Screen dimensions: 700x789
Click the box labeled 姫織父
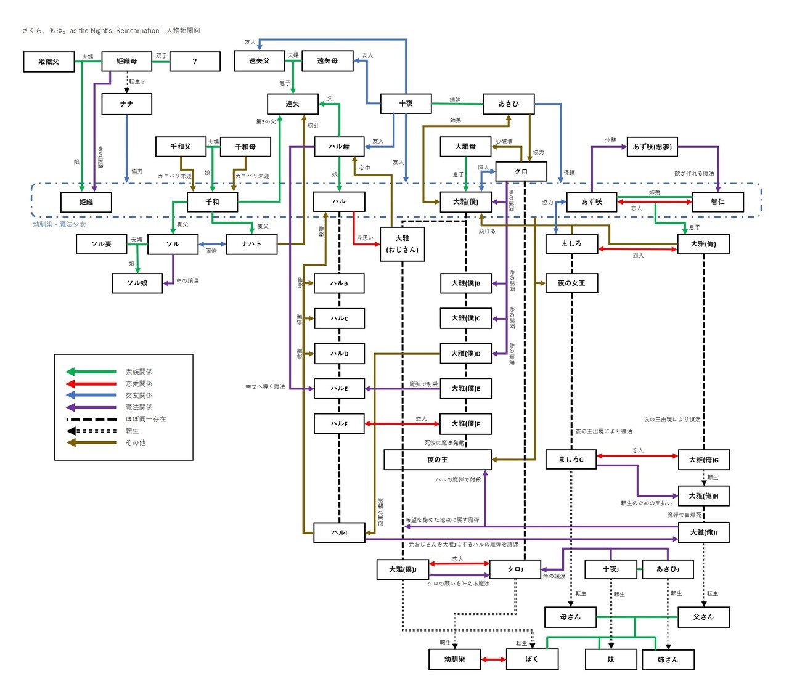[49, 62]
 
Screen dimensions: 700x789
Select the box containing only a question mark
[195, 62]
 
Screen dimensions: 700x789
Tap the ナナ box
[126, 104]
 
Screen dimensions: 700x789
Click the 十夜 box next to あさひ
[406, 104]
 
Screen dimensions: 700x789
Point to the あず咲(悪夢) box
[652, 147]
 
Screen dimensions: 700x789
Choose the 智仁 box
[717, 202]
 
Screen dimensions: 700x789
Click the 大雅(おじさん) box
[402, 244]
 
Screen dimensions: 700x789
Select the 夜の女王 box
[571, 283]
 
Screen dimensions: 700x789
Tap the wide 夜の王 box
[438, 460]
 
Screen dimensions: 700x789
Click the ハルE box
[339, 389]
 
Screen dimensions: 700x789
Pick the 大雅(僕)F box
[465, 424]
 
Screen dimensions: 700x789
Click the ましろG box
[571, 460]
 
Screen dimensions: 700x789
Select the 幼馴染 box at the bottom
[454, 659]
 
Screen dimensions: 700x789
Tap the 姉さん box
[668, 659]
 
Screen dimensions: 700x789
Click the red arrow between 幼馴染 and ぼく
[494, 660]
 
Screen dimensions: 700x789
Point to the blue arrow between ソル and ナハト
[212, 245]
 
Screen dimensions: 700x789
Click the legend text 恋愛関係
[139, 384]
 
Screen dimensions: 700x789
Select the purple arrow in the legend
[91, 407]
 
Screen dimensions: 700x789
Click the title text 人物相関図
[183, 30]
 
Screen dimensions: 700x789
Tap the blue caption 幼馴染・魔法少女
[59, 224]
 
